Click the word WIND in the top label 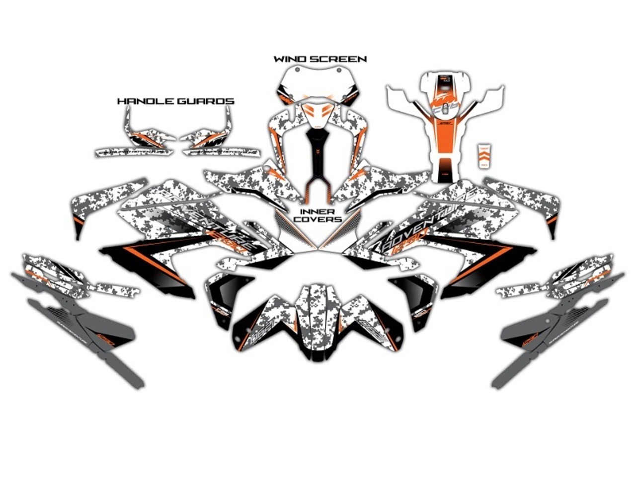click(x=290, y=59)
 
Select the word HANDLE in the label click(x=142, y=101)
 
